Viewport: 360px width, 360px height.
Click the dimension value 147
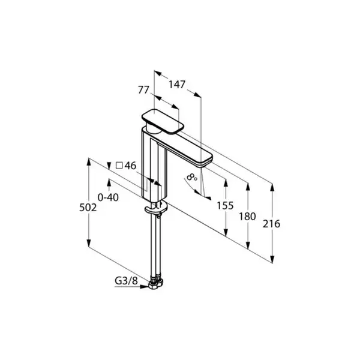point(177,85)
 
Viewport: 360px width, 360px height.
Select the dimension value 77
point(144,90)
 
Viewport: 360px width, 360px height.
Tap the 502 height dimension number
point(88,208)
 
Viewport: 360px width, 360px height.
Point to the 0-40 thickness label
point(108,197)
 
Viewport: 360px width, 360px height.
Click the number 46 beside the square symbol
point(130,166)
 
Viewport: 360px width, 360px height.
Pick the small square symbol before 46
point(119,166)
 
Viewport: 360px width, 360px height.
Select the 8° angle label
point(192,177)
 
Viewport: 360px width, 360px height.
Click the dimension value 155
point(225,206)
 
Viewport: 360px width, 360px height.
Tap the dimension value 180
point(247,217)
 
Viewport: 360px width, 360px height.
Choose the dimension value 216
point(272,224)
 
